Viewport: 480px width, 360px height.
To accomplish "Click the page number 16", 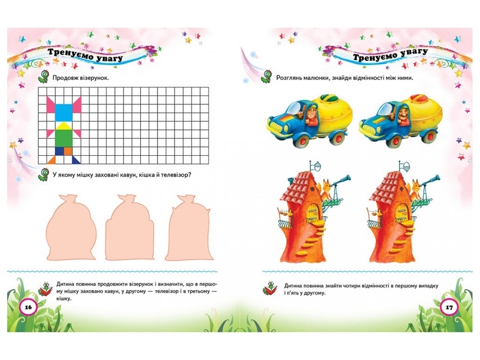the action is [x=28, y=307].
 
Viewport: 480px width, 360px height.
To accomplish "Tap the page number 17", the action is [x=449, y=307].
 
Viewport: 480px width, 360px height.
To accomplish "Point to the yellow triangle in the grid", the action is [x=64, y=126].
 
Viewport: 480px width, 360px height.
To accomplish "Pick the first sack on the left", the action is [x=71, y=228].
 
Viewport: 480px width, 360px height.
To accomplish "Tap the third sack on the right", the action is [x=189, y=228].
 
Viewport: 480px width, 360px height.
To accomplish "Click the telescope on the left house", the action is [x=340, y=181].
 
